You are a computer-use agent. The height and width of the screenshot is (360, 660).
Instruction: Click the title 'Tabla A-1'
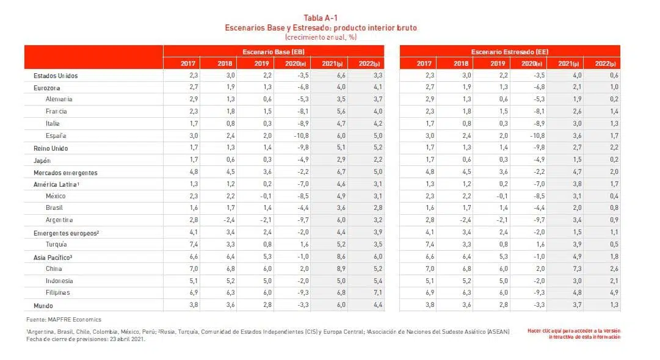click(321, 18)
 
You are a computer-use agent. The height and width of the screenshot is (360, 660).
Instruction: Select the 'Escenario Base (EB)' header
click(274, 52)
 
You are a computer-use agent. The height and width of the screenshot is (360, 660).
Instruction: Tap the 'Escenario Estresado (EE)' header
click(510, 52)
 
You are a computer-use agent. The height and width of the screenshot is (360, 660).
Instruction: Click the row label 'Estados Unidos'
click(55, 76)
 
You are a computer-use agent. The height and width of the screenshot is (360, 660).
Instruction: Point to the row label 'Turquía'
click(56, 244)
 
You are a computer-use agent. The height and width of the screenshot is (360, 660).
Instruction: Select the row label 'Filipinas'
click(57, 293)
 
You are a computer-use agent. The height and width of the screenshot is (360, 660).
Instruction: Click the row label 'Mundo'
click(43, 306)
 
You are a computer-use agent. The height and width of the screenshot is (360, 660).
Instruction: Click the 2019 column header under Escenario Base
click(261, 63)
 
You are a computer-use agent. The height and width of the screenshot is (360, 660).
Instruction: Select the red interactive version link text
click(574, 334)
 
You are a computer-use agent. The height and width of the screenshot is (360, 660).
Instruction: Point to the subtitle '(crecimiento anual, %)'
click(321, 37)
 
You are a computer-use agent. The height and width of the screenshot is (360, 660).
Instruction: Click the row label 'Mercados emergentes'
click(65, 173)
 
